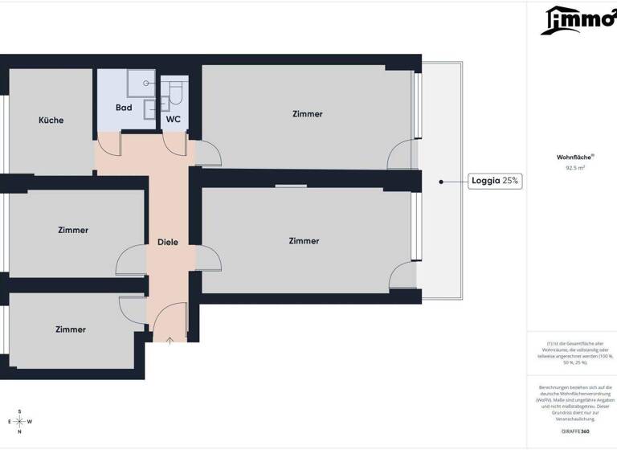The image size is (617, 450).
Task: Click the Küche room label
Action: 51,121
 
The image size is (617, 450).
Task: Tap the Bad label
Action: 124,108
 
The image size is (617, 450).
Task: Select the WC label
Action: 173,120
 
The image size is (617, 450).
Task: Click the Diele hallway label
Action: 168,242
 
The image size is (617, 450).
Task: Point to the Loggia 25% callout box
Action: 496,182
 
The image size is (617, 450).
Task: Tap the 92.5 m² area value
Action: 575,169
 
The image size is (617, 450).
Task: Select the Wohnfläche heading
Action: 575,157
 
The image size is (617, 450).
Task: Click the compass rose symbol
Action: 19,422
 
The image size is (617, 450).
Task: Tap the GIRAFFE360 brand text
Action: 575,432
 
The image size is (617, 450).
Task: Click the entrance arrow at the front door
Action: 170,341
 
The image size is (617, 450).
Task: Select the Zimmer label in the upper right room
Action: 308,114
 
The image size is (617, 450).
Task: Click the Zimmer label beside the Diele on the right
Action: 304,241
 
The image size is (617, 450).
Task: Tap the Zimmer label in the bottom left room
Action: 71,329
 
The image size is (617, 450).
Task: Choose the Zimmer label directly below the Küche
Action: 73,231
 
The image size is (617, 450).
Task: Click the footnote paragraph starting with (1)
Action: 575,354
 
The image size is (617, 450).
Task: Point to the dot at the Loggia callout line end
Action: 441,182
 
